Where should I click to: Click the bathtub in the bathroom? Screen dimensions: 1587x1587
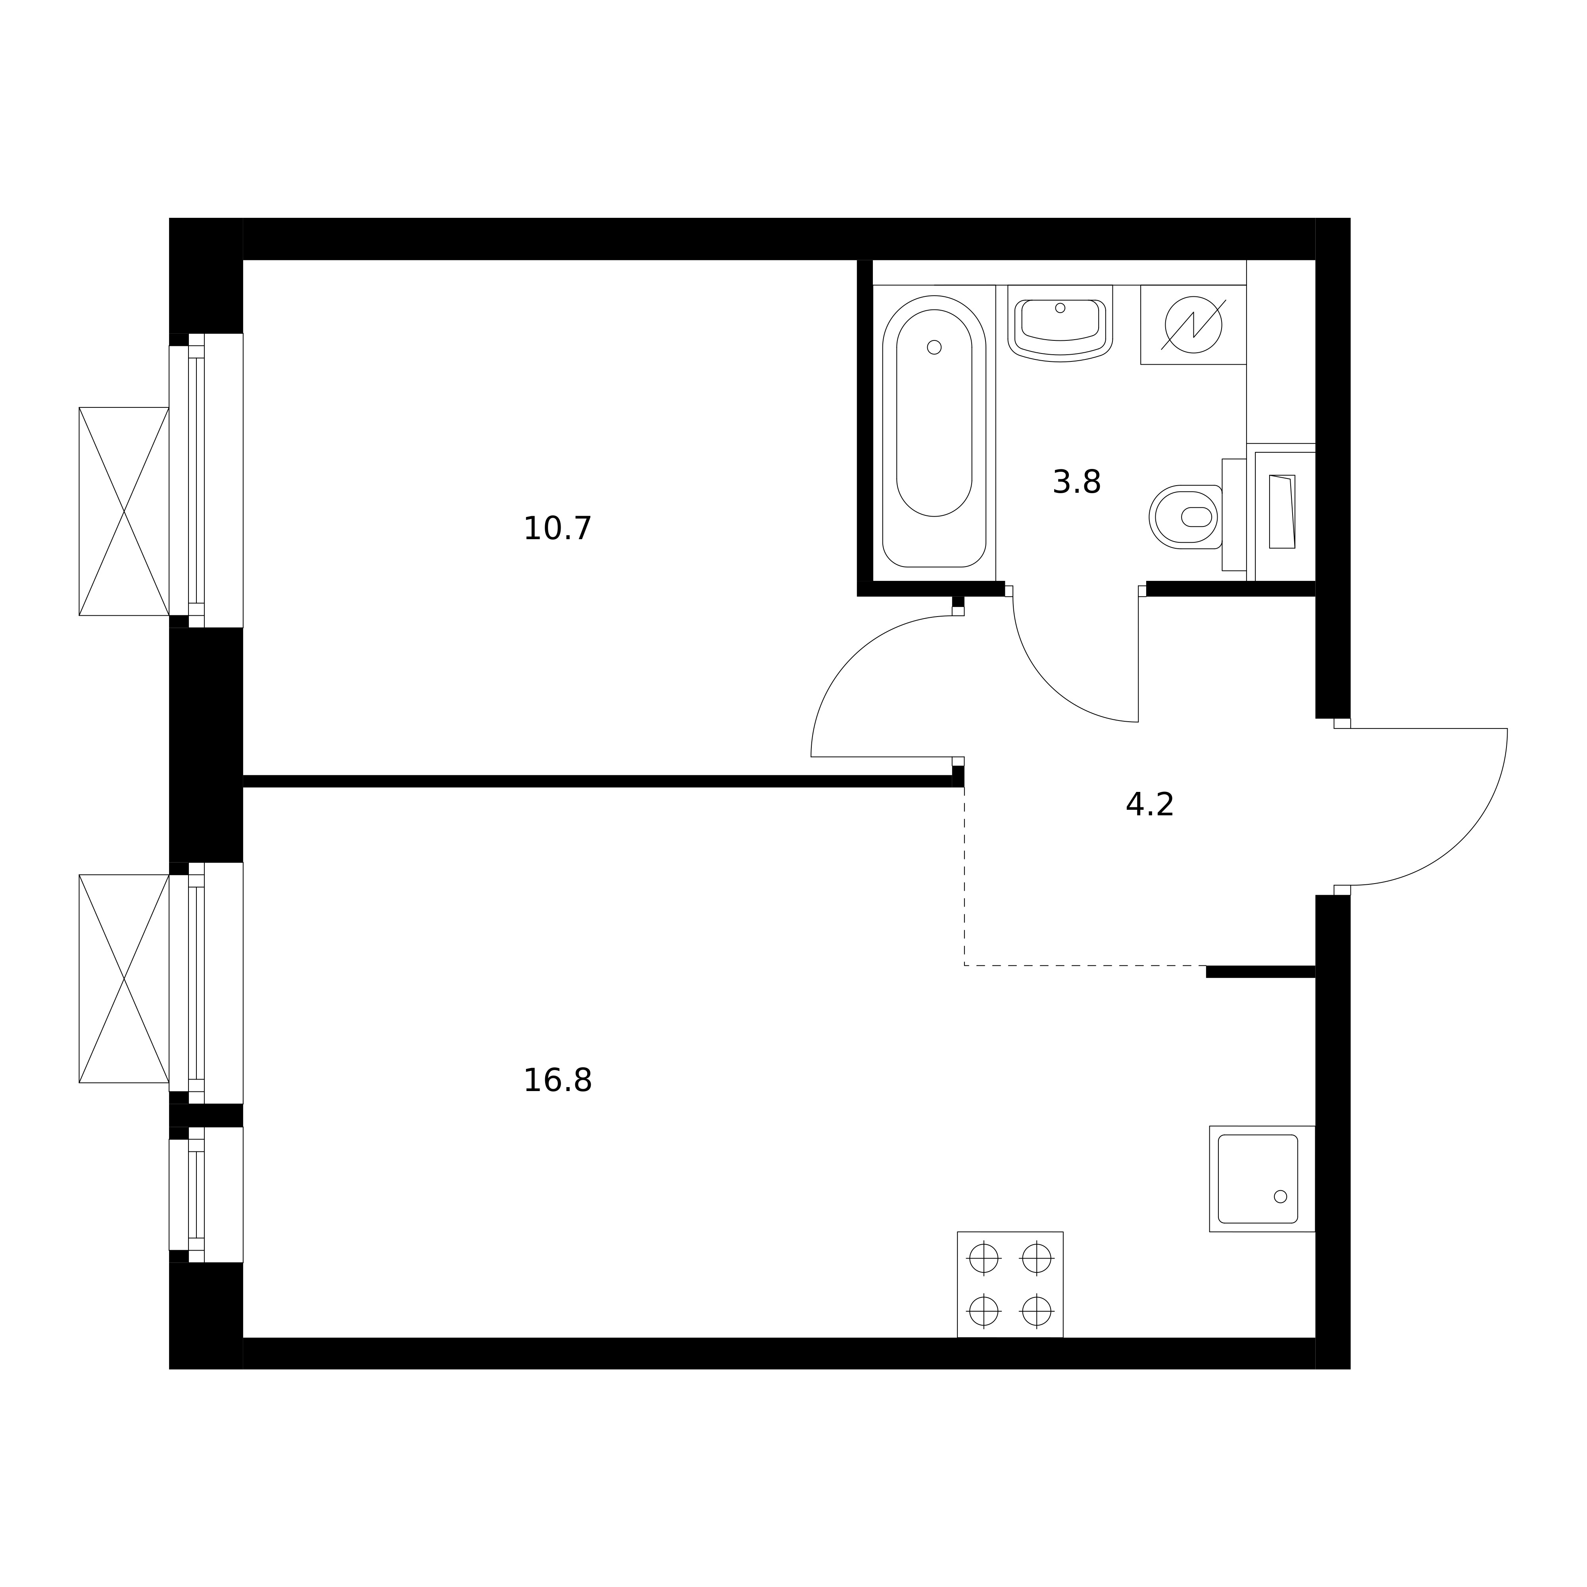coord(934,431)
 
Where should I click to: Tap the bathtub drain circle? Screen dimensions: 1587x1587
coord(934,348)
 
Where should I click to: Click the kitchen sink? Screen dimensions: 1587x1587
coord(1262,1179)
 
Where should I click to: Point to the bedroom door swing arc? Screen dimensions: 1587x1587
coord(852,657)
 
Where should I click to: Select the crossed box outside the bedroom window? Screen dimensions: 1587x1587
coord(124,511)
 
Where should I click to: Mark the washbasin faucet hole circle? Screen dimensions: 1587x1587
coord(1060,308)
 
